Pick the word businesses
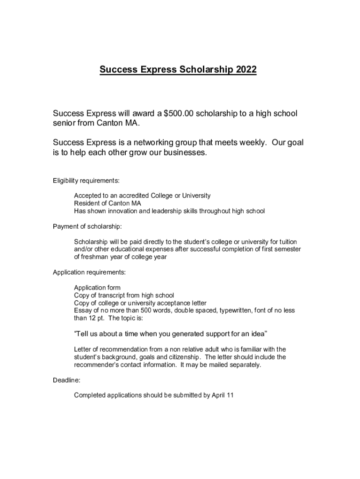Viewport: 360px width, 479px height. (182, 153)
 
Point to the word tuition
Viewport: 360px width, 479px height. (285, 242)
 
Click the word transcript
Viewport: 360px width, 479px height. (119, 295)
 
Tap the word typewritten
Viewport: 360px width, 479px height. (233, 311)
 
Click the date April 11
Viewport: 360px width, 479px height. (223, 395)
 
